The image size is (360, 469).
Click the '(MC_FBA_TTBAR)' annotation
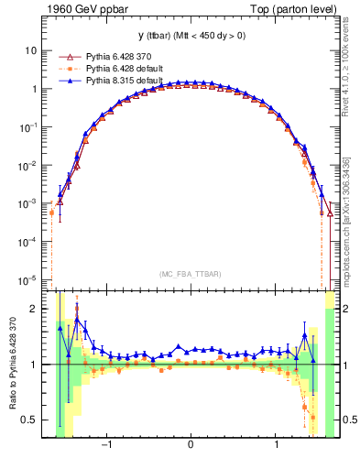pyautogui.click(x=190, y=274)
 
